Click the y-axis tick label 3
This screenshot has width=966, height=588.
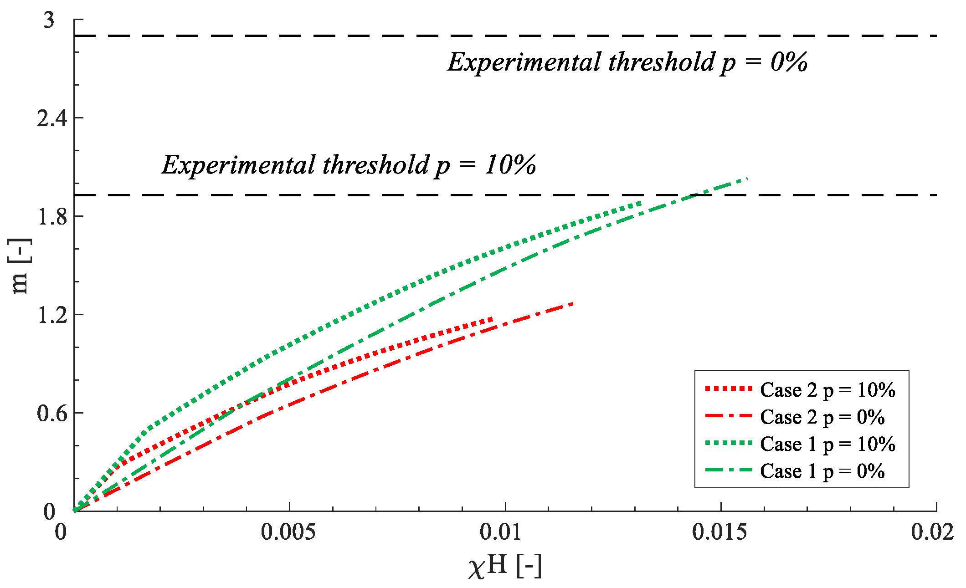49,20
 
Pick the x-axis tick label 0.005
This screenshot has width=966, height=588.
288,532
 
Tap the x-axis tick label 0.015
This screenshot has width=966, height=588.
719,532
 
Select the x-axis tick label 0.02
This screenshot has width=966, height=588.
932,532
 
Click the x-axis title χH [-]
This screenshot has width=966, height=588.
505,567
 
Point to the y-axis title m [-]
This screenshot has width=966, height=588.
20,266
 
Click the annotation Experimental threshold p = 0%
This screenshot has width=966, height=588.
627,62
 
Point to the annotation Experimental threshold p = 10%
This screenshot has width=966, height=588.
349,165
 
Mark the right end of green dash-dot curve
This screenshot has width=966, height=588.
748,179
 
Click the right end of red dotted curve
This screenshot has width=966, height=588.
492,319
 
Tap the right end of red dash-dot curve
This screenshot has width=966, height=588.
573,303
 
